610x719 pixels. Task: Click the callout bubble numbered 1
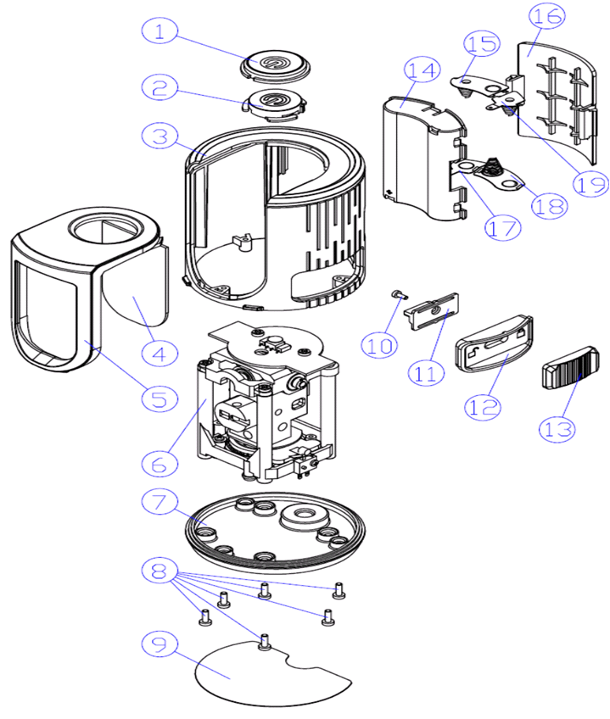[x=160, y=33]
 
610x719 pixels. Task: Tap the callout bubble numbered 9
[x=160, y=642]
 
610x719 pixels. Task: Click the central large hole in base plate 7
[x=304, y=516]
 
